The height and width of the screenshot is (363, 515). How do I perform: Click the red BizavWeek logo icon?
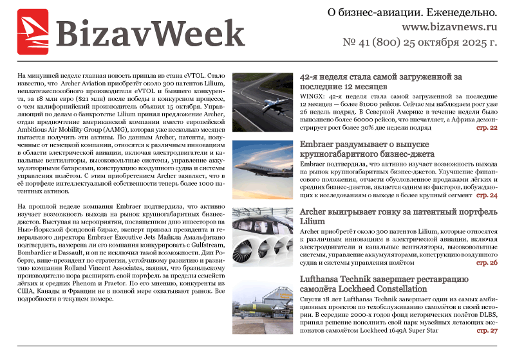(33, 31)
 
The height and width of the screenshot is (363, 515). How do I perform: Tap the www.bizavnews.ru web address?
(449, 28)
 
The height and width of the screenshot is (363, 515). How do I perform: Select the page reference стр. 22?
(487, 128)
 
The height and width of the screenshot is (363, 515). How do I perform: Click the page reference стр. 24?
(487, 195)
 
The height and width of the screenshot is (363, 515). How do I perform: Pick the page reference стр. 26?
(487, 263)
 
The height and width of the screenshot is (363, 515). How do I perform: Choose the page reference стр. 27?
(487, 331)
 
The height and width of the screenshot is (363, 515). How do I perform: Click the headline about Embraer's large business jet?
(367, 150)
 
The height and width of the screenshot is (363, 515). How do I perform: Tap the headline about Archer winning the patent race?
(398, 216)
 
